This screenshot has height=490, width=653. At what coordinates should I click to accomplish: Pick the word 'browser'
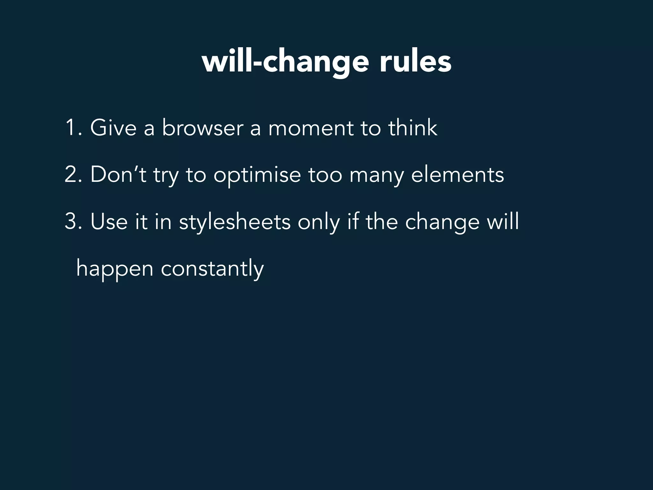click(x=203, y=128)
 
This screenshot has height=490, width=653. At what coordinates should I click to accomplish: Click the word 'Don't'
click(x=118, y=175)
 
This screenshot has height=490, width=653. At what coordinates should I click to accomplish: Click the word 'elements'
click(x=458, y=175)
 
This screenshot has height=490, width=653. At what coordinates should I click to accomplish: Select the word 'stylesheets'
click(x=235, y=222)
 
